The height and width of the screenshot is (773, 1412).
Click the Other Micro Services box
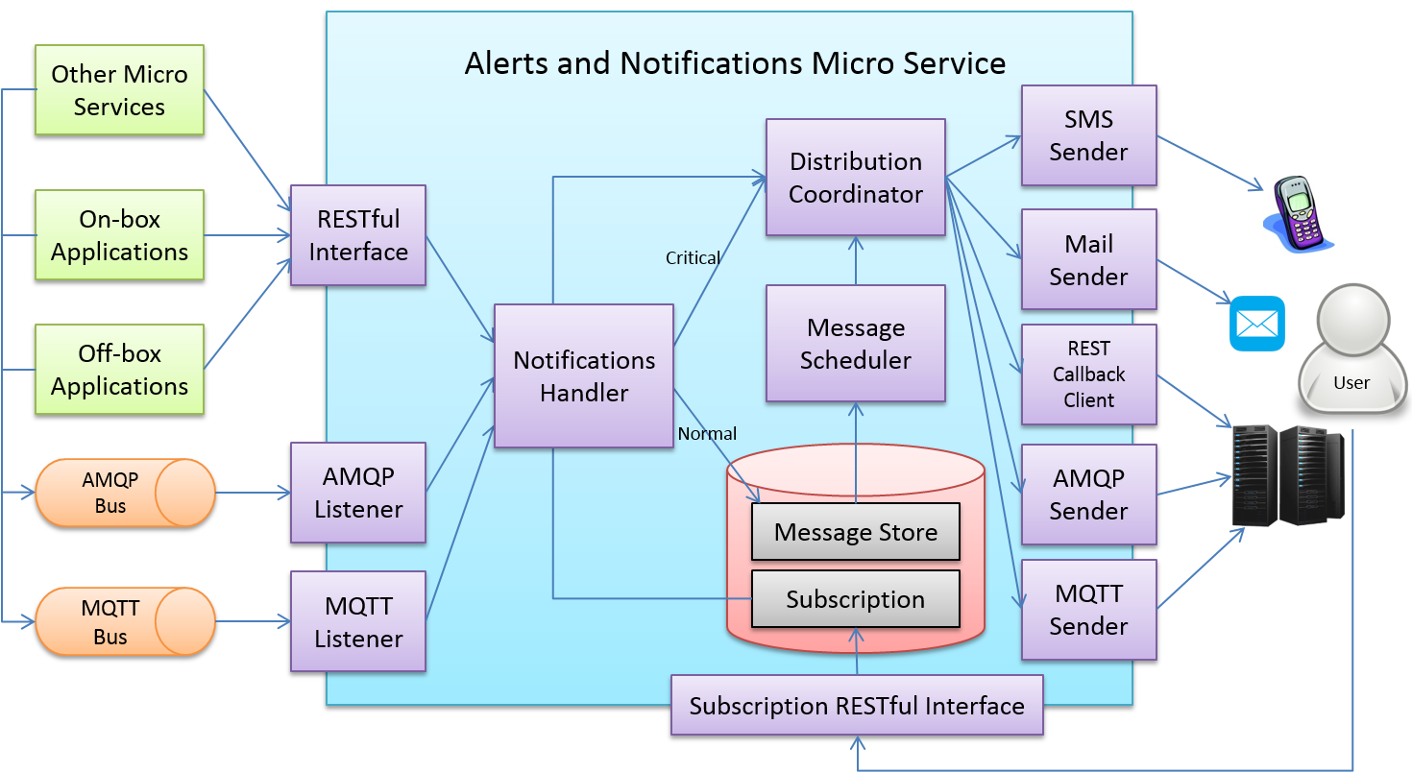coord(119,90)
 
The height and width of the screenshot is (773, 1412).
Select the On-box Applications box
coord(119,235)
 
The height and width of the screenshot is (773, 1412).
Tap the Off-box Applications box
coord(119,370)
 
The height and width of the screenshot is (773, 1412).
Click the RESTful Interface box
coord(357,235)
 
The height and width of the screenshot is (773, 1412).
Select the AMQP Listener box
coord(357,493)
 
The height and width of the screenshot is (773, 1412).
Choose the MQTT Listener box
coord(357,621)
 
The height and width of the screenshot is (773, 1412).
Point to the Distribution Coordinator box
coord(855,178)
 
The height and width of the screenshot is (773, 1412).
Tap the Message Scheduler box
coord(855,343)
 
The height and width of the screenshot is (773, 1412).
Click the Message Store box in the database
coord(855,531)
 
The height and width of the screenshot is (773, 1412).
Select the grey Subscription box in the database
coord(855,599)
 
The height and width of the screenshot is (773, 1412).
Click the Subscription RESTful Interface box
coord(856,706)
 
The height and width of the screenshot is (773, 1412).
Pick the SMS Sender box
coord(1088,135)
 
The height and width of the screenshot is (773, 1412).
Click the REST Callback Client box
coord(1088,374)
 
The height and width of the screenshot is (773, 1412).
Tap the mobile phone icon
coord(1296,213)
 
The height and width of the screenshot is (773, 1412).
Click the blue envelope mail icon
coord(1256,324)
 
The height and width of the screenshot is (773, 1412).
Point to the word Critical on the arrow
coord(693,257)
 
